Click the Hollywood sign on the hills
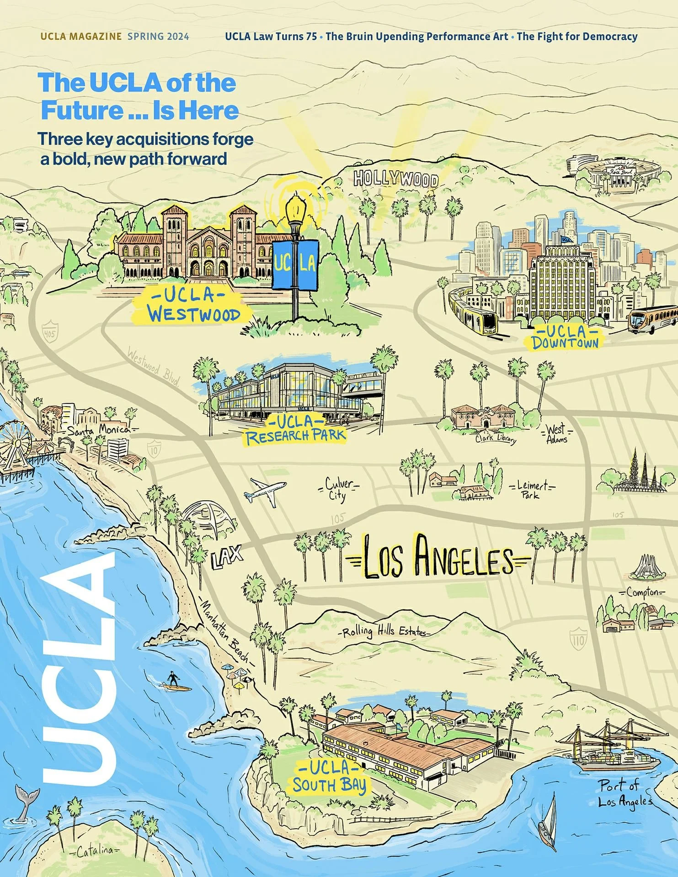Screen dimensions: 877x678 coord(396,179)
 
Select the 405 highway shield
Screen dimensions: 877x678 coord(49,331)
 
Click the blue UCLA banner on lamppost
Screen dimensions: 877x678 coord(295,264)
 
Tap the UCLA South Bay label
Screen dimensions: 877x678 coord(329,777)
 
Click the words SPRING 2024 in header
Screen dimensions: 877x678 coord(158,37)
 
